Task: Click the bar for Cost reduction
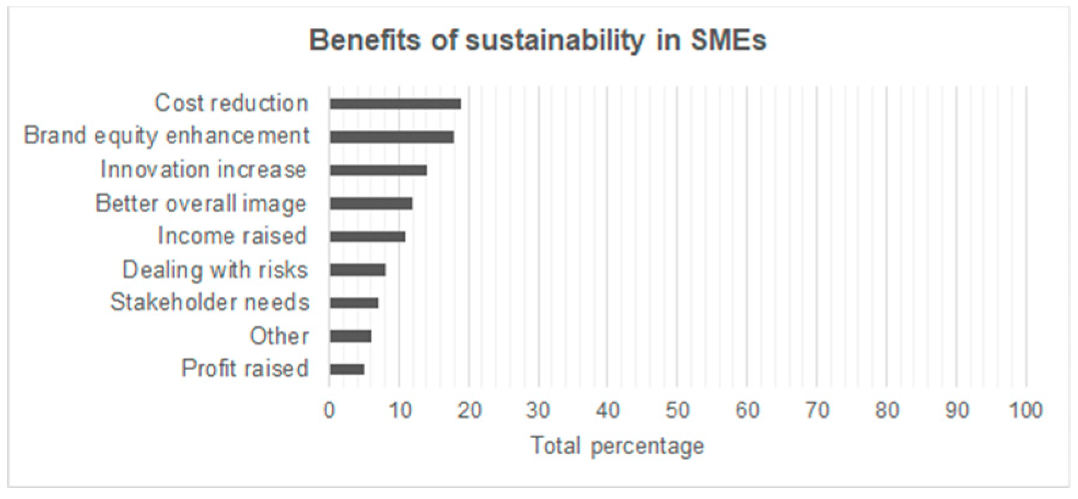pyautogui.click(x=395, y=104)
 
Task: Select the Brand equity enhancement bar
pyautogui.click(x=392, y=137)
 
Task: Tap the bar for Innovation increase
pyautogui.click(x=378, y=170)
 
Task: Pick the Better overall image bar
pyautogui.click(x=371, y=204)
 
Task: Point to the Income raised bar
pyautogui.click(x=367, y=236)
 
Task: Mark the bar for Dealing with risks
pyautogui.click(x=358, y=270)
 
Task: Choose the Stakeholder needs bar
pyautogui.click(x=354, y=303)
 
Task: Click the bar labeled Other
pyautogui.click(x=350, y=336)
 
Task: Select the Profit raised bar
pyautogui.click(x=347, y=369)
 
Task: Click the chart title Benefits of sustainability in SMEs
pyautogui.click(x=537, y=41)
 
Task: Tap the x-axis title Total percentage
pyautogui.click(x=617, y=446)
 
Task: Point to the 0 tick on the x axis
pyautogui.click(x=330, y=411)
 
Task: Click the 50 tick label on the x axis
pyautogui.click(x=677, y=411)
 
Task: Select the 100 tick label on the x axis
pyautogui.click(x=1026, y=411)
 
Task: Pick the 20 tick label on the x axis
pyautogui.click(x=469, y=411)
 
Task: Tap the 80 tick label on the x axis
pyautogui.click(x=886, y=411)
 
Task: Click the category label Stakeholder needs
pyautogui.click(x=210, y=302)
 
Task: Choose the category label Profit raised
pyautogui.click(x=245, y=368)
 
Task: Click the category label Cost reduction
pyautogui.click(x=231, y=103)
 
